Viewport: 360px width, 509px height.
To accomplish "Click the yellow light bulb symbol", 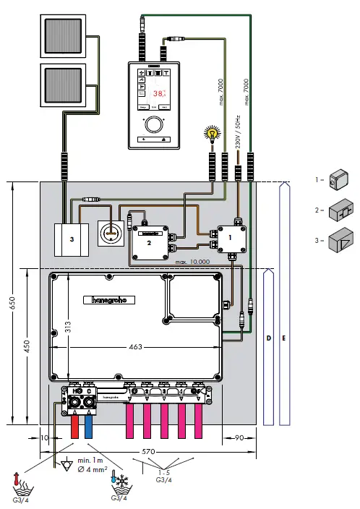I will pyautogui.click(x=213, y=132).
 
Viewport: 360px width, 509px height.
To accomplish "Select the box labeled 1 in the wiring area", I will pyautogui.click(x=230, y=236).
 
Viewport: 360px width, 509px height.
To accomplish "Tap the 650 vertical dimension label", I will pyautogui.click(x=12, y=304).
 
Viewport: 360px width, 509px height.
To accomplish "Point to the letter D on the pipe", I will pyautogui.click(x=267, y=338).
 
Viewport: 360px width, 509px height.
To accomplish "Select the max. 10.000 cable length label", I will pyautogui.click(x=192, y=261).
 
